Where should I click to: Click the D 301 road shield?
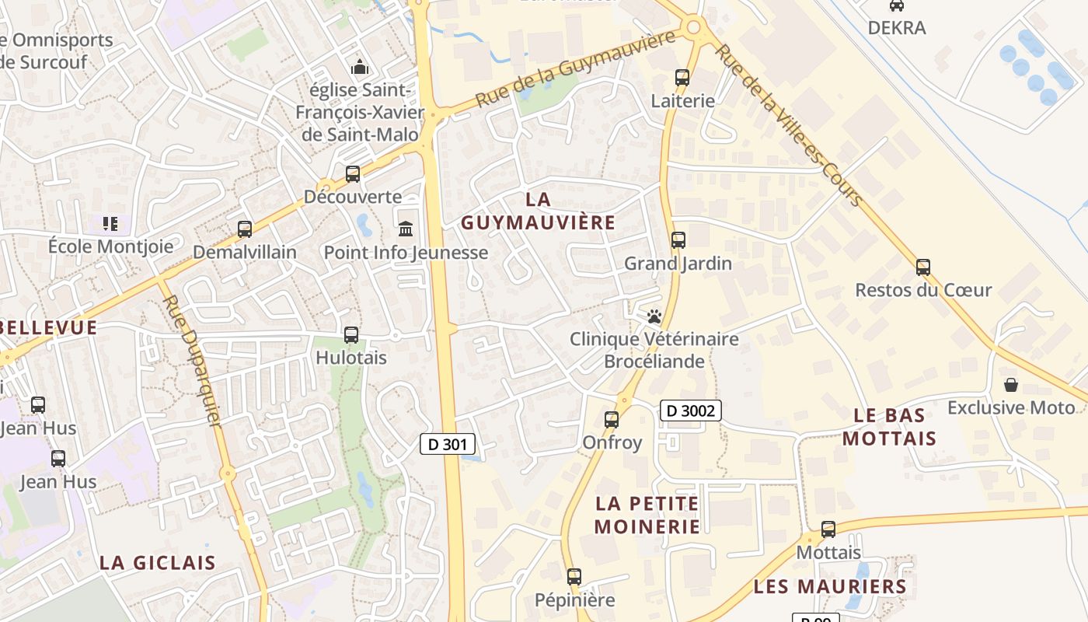point(448,444)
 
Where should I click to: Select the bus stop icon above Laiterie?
point(682,78)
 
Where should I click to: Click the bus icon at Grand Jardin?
point(678,239)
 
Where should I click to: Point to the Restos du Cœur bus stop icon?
point(923,267)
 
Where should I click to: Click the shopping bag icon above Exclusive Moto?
point(1011,385)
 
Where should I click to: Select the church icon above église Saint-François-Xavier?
point(359,68)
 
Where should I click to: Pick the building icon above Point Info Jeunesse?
point(406,229)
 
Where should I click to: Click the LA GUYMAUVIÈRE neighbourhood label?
point(538,211)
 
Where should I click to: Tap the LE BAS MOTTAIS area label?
point(889,427)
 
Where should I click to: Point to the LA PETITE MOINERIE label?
point(647,515)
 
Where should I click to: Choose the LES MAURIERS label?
point(830,586)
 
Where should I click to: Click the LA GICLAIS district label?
point(158,563)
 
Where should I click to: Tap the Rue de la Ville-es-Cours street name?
point(788,124)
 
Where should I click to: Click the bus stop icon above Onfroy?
point(612,420)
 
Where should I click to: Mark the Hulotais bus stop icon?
point(351,335)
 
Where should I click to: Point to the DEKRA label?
point(897,28)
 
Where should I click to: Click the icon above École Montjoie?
point(110,224)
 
